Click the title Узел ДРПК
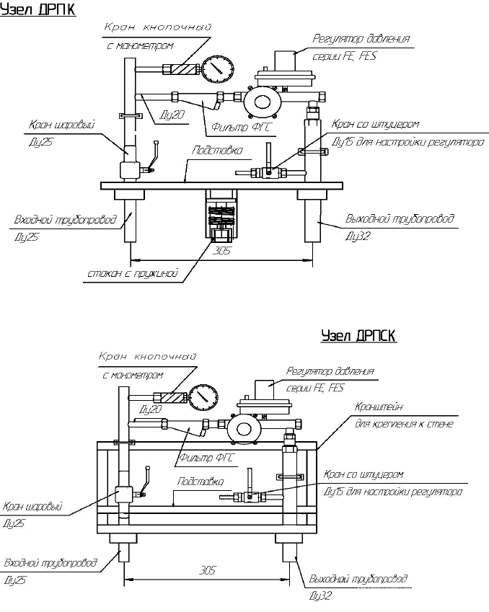click(x=38, y=10)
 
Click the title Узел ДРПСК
click(x=358, y=337)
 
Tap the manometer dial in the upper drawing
click(x=218, y=70)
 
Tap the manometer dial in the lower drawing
click(x=205, y=396)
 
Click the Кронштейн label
click(x=379, y=408)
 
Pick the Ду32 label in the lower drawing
click(x=322, y=596)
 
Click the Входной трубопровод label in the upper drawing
click(x=64, y=219)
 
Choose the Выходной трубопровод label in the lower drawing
click(x=358, y=580)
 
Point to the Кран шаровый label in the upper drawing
click(x=62, y=125)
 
